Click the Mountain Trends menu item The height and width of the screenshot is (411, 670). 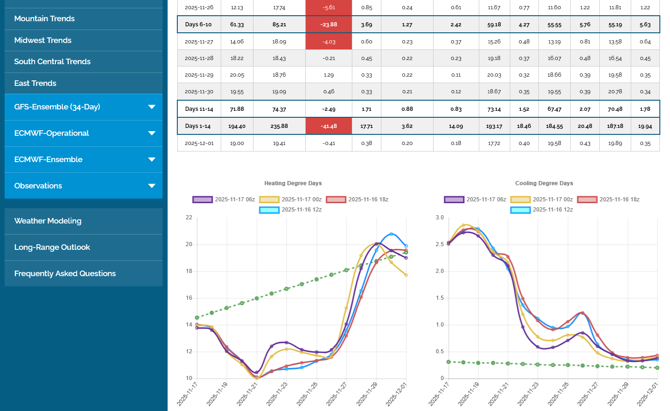(x=44, y=19)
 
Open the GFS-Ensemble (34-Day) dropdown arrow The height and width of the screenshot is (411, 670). (x=151, y=107)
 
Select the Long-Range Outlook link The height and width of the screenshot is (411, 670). (x=52, y=248)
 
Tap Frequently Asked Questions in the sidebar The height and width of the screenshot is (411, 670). (x=65, y=274)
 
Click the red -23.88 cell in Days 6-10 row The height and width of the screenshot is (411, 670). (x=329, y=25)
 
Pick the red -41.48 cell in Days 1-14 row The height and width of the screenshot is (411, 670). (x=329, y=127)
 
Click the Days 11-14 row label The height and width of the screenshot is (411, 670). (x=199, y=109)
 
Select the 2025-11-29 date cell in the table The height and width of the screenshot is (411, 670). (x=199, y=75)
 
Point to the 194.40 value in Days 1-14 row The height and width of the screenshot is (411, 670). (x=237, y=127)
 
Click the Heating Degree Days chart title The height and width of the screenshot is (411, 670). (x=293, y=183)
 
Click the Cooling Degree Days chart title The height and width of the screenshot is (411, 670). (x=544, y=183)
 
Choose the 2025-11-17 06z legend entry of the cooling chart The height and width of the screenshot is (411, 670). (x=476, y=199)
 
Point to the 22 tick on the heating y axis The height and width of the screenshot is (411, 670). (x=189, y=218)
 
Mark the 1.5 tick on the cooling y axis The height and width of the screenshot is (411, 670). (x=440, y=298)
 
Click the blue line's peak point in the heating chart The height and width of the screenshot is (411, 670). (x=392, y=234)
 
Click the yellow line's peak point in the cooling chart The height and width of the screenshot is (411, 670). (x=464, y=225)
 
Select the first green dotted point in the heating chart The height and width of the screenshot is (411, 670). (x=197, y=318)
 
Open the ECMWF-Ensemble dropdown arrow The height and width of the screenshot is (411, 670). (x=151, y=160)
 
